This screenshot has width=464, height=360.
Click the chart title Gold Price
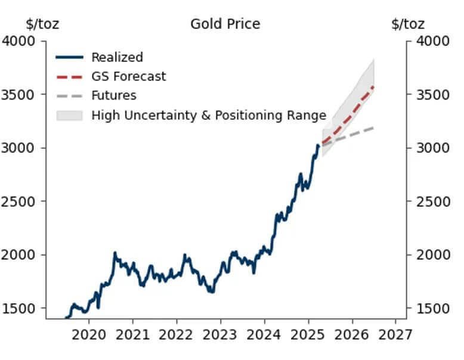(x=225, y=24)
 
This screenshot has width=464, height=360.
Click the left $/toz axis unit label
(x=42, y=24)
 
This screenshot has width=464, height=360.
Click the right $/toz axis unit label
(x=408, y=24)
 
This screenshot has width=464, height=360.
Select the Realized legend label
(x=117, y=58)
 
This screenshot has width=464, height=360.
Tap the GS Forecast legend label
(x=128, y=77)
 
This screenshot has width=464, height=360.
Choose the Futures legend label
(x=113, y=96)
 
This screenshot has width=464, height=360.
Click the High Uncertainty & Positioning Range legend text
(x=208, y=116)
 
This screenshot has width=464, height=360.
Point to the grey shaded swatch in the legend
(x=69, y=116)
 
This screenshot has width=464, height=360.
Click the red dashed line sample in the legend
(x=69, y=77)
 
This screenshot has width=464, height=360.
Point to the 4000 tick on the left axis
(x=20, y=41)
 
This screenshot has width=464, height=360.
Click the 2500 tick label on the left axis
(x=20, y=201)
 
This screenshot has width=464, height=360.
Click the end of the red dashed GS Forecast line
(x=373, y=87)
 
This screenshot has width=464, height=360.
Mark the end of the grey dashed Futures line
(x=373, y=128)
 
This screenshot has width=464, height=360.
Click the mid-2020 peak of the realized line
(x=115, y=253)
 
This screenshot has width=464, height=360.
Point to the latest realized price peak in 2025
(x=318, y=145)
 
